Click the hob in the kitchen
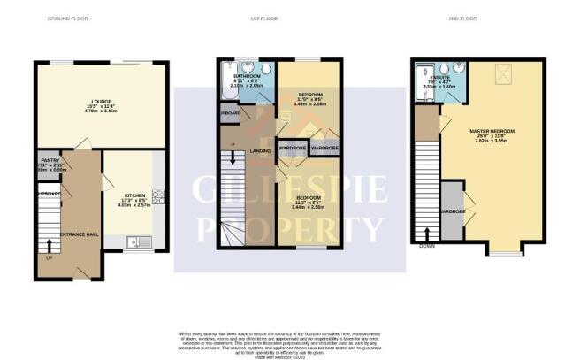tap(160, 197)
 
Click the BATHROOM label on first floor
tap(245, 76)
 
